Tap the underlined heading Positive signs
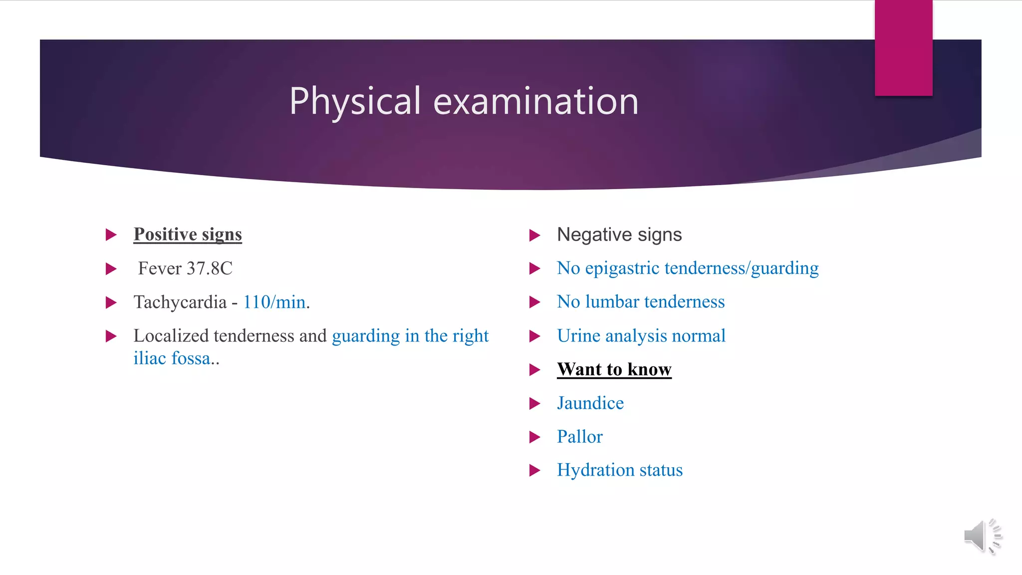[x=188, y=234]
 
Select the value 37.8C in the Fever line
[x=210, y=269]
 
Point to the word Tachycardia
[x=180, y=302]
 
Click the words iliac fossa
[x=172, y=358]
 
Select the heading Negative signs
[x=619, y=235]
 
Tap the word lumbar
[x=612, y=301]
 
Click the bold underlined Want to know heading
[x=614, y=369]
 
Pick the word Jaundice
[x=590, y=403]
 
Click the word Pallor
[x=580, y=437]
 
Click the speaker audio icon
[x=982, y=537]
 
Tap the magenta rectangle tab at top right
[x=903, y=48]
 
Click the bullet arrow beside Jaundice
[x=534, y=403]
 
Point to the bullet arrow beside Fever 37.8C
[x=111, y=269]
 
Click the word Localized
[x=171, y=336]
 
